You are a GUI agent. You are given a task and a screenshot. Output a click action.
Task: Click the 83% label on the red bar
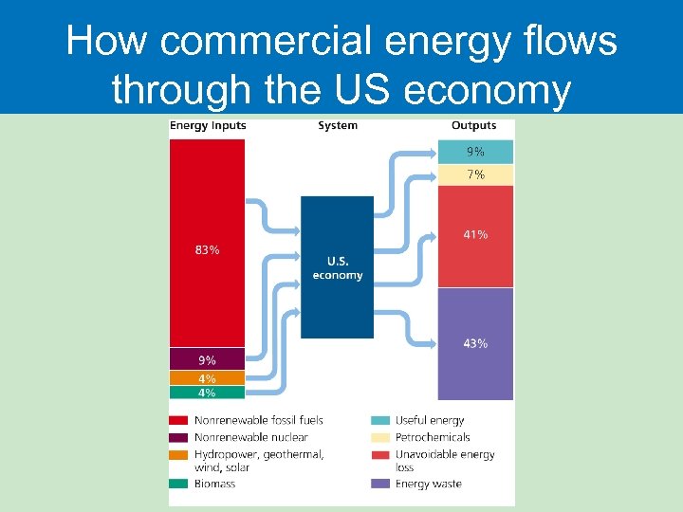(x=207, y=250)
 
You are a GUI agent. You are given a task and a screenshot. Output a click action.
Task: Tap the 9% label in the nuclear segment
(x=207, y=360)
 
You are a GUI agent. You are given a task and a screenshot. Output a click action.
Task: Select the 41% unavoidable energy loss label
(x=475, y=234)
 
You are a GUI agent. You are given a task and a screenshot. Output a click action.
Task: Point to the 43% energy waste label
(x=475, y=343)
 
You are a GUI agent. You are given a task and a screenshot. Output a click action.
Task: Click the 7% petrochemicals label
(x=475, y=174)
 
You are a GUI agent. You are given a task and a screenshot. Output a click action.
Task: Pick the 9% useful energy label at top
(x=475, y=152)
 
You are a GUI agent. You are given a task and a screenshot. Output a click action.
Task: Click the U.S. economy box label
(x=338, y=268)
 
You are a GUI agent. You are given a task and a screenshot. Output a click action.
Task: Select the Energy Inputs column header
(x=208, y=126)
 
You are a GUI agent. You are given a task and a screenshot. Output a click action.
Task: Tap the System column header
(x=338, y=126)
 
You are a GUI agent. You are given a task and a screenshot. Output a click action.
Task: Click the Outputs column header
(x=473, y=126)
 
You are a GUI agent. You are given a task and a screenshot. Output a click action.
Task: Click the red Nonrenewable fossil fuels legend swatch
(x=178, y=420)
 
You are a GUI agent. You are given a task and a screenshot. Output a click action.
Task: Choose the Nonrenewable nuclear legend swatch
(x=178, y=437)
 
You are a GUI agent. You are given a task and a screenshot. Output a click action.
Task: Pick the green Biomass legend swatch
(x=178, y=484)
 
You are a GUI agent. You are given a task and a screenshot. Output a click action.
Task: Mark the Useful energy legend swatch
(x=379, y=420)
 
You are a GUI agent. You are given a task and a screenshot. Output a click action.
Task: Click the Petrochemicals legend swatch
(x=379, y=437)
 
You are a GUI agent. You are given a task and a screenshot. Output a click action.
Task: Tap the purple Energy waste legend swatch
(x=379, y=484)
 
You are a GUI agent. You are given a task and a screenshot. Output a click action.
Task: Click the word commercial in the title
(x=238, y=43)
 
